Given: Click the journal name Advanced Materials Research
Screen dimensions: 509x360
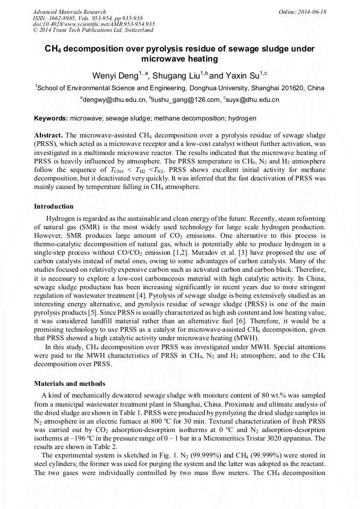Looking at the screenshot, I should click(69, 12).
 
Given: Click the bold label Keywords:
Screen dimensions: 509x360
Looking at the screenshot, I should click(51, 118).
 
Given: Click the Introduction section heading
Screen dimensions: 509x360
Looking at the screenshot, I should click(54, 206).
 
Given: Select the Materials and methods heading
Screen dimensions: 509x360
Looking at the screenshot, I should click(69, 384).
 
